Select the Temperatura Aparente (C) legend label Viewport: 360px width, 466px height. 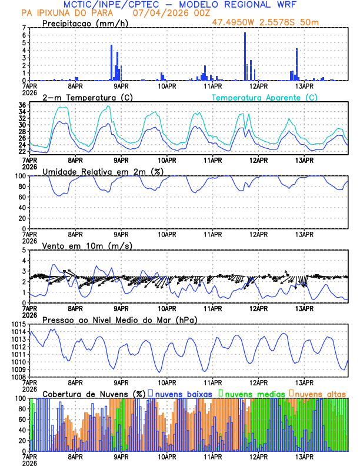pos(265,97)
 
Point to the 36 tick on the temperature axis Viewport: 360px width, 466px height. pos(22,105)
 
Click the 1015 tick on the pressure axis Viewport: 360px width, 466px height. pos(18,325)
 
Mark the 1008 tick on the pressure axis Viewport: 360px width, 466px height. pos(18,377)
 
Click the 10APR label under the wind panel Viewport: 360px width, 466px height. pos(167,308)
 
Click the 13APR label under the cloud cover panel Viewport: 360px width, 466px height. pos(304,456)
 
